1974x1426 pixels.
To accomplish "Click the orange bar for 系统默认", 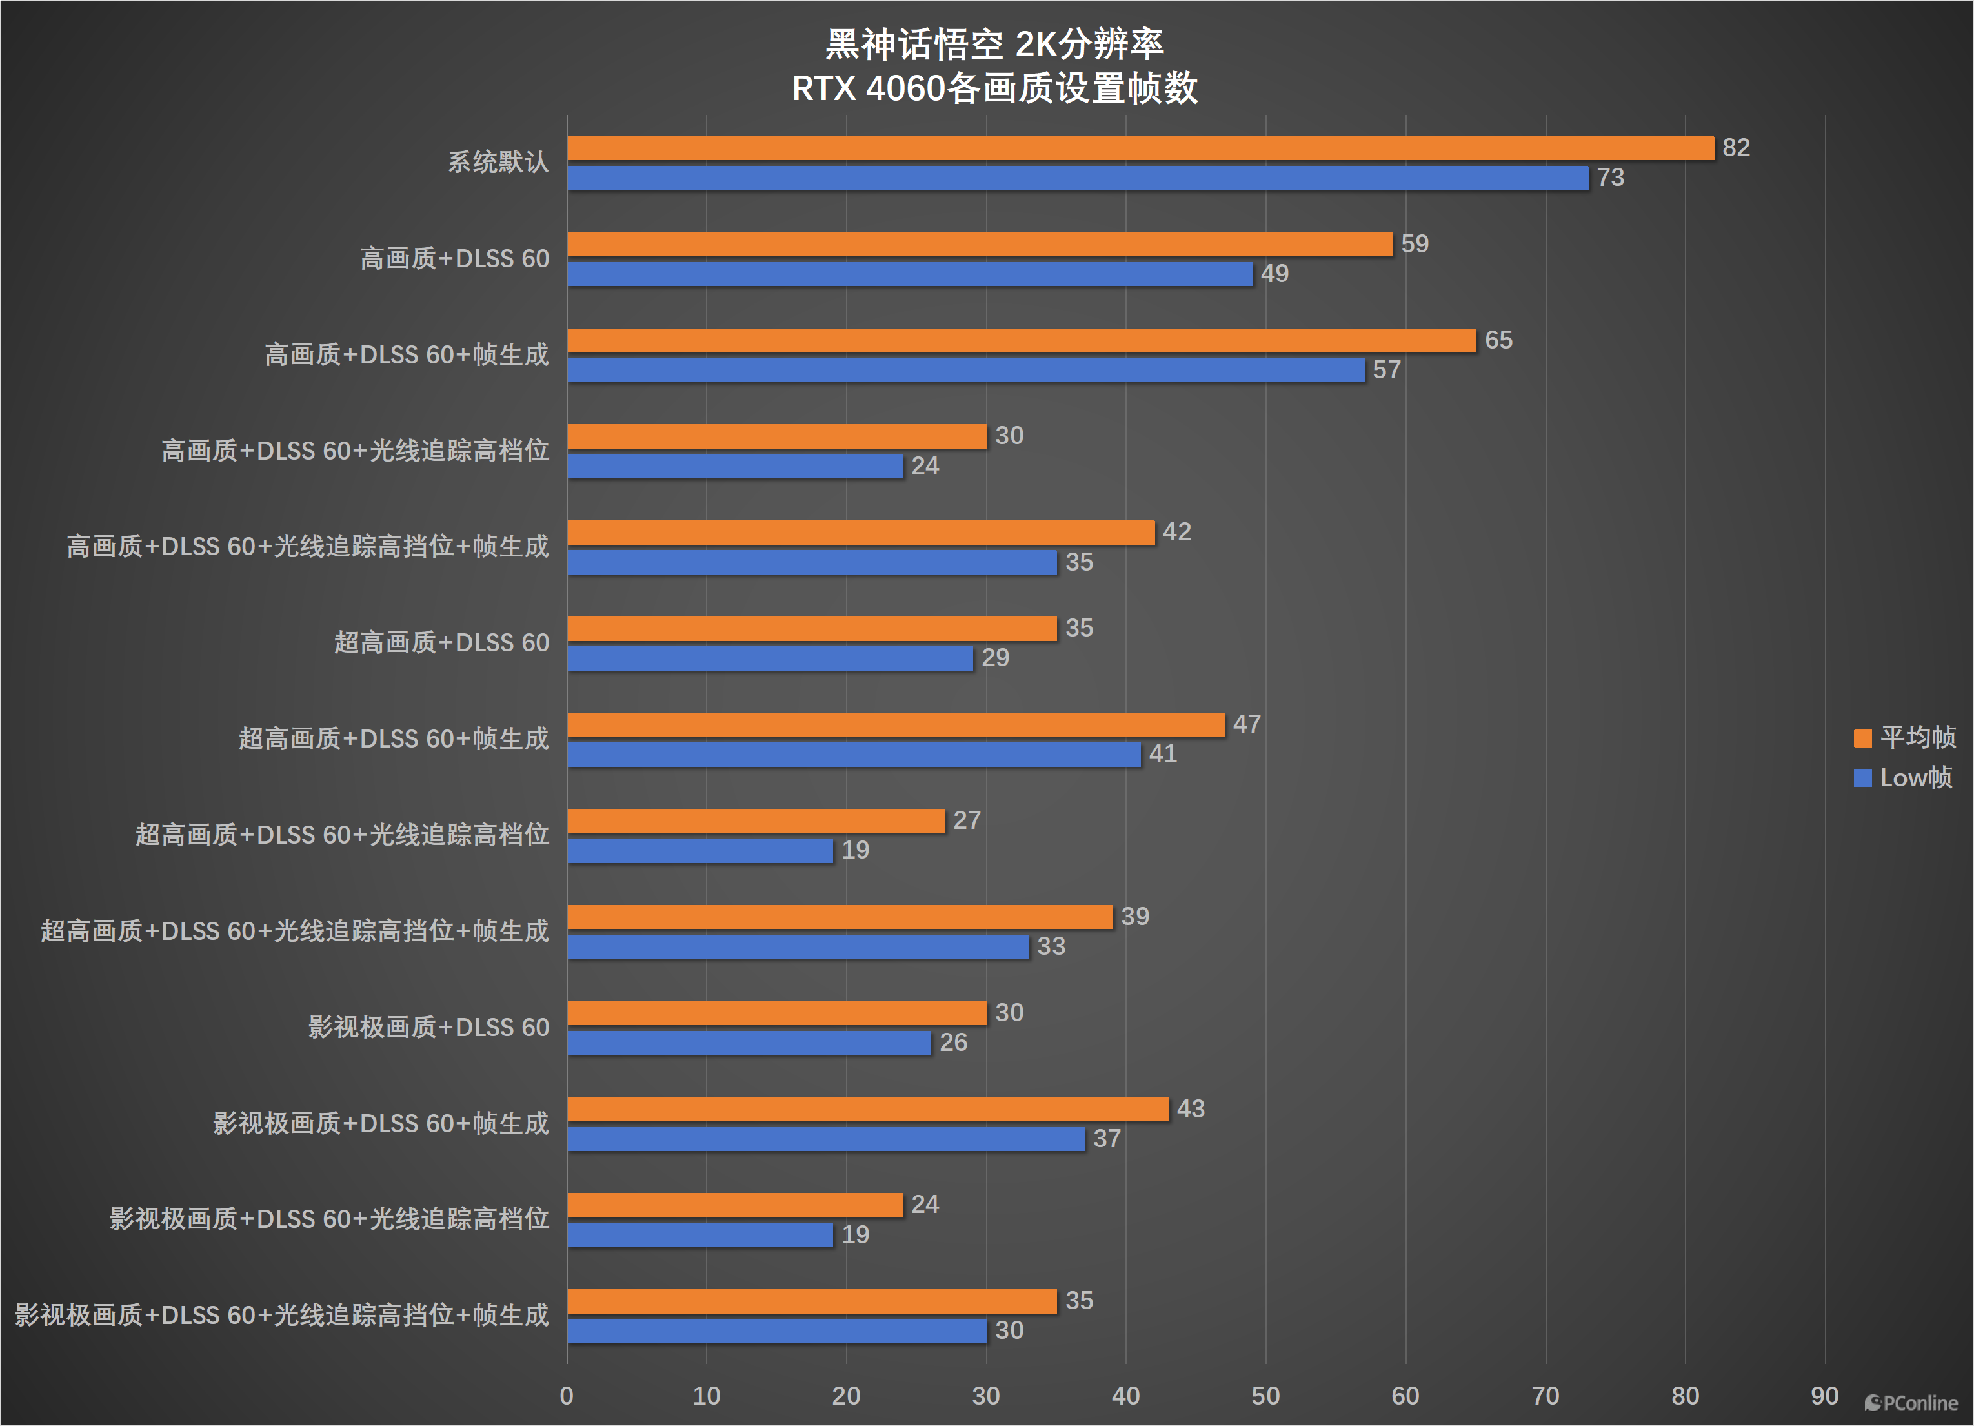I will (1140, 148).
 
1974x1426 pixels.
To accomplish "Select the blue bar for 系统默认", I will (1078, 178).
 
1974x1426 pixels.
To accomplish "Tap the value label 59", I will (1415, 244).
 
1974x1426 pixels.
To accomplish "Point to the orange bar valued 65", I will (1022, 340).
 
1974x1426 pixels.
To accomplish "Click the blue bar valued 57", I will (966, 370).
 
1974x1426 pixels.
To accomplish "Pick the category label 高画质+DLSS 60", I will (454, 259).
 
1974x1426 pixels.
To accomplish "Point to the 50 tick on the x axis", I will (1265, 1396).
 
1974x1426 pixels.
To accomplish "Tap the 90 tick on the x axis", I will (1824, 1396).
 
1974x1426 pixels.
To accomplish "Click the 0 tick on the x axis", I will (567, 1396).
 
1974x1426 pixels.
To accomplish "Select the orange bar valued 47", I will (896, 724).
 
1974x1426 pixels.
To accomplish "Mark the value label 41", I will (1163, 754).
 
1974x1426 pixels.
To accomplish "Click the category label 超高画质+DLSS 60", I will (441, 642).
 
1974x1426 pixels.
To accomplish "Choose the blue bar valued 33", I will (798, 946).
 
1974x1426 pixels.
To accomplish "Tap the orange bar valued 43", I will (868, 1108).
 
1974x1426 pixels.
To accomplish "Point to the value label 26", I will (953, 1042).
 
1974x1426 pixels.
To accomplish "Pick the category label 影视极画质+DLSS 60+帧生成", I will (380, 1123).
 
